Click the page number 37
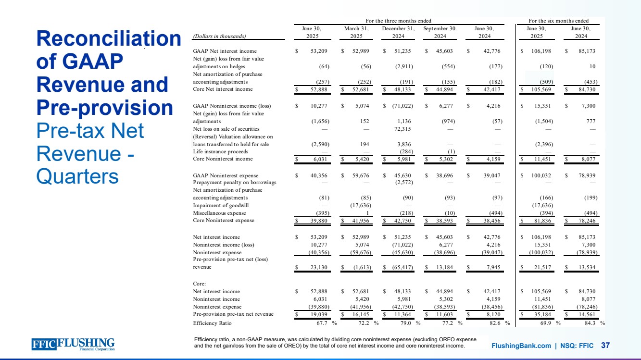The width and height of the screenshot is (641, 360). [x=605, y=346]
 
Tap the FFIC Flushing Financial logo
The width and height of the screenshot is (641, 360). [x=73, y=344]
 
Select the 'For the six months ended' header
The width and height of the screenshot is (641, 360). [x=558, y=21]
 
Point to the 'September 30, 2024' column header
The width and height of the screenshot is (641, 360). [x=440, y=32]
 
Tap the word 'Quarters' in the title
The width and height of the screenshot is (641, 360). [x=77, y=176]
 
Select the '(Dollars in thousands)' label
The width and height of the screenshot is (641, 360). [x=219, y=36]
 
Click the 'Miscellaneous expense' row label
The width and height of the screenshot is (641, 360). [x=219, y=213]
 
